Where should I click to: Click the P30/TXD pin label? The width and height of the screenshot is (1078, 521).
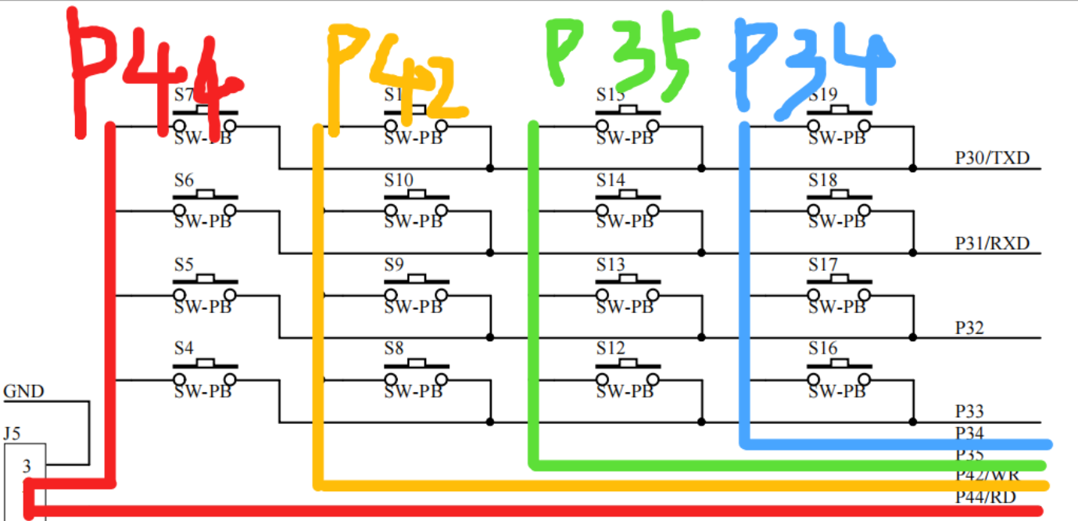[992, 158]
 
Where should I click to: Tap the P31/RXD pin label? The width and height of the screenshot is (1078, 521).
[992, 243]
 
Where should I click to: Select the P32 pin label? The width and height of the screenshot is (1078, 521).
[969, 328]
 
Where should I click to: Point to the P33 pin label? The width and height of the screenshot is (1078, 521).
[969, 412]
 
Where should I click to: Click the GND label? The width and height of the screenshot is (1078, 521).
[24, 391]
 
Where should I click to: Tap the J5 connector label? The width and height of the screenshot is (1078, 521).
[12, 432]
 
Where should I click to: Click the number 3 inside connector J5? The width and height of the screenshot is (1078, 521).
[27, 467]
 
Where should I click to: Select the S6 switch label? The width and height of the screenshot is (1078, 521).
[184, 180]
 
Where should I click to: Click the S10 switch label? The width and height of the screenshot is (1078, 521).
[399, 180]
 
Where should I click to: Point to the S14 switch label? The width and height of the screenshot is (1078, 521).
[611, 180]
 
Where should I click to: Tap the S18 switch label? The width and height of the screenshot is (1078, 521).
[822, 180]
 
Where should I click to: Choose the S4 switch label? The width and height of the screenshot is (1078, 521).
[184, 348]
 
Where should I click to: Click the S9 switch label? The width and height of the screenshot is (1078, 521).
[394, 264]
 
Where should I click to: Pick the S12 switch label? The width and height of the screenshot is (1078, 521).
[611, 348]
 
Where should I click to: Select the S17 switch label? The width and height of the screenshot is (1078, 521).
[822, 264]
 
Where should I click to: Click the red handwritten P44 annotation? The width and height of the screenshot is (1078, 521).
[152, 74]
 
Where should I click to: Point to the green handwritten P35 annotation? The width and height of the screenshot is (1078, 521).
[621, 55]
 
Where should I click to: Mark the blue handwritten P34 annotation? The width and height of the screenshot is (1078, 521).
[813, 66]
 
